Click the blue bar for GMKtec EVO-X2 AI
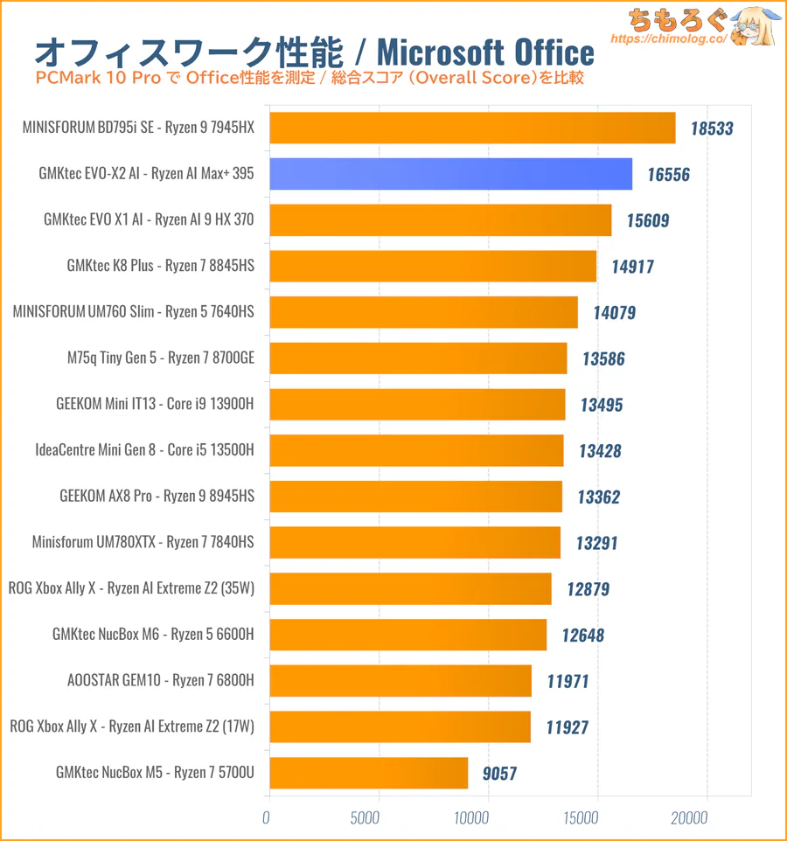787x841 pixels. tap(450, 174)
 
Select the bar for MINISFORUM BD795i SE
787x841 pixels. tap(472, 128)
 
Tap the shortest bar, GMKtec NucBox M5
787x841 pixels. tap(368, 773)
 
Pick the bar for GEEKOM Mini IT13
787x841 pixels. tap(417, 404)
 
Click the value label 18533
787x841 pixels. tap(711, 129)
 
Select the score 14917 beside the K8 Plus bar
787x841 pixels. tap(631, 267)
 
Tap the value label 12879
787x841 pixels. tap(588, 589)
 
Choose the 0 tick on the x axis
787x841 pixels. tap(267, 818)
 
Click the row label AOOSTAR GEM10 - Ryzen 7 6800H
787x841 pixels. tap(160, 680)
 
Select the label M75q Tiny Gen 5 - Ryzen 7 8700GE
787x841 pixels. tap(160, 358)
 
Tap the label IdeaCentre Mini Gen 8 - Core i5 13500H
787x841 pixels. tap(144, 450)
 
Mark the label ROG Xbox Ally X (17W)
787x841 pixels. tap(131, 726)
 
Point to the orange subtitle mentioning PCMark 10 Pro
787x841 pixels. tap(310, 79)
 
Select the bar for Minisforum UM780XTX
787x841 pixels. tap(414, 542)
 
